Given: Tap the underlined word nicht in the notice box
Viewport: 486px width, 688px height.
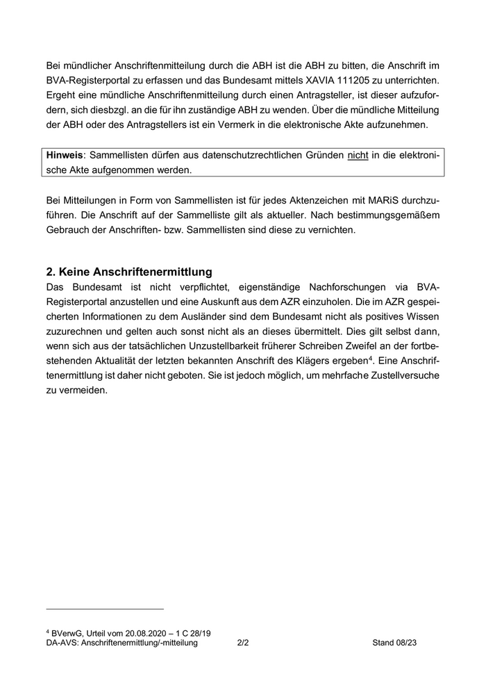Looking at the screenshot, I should click(358, 154).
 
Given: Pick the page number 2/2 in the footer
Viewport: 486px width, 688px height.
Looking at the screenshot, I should click(243, 644).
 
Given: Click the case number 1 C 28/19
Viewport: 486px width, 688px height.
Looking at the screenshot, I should click(194, 633).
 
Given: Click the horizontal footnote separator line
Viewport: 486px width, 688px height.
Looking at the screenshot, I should click(105, 609).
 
